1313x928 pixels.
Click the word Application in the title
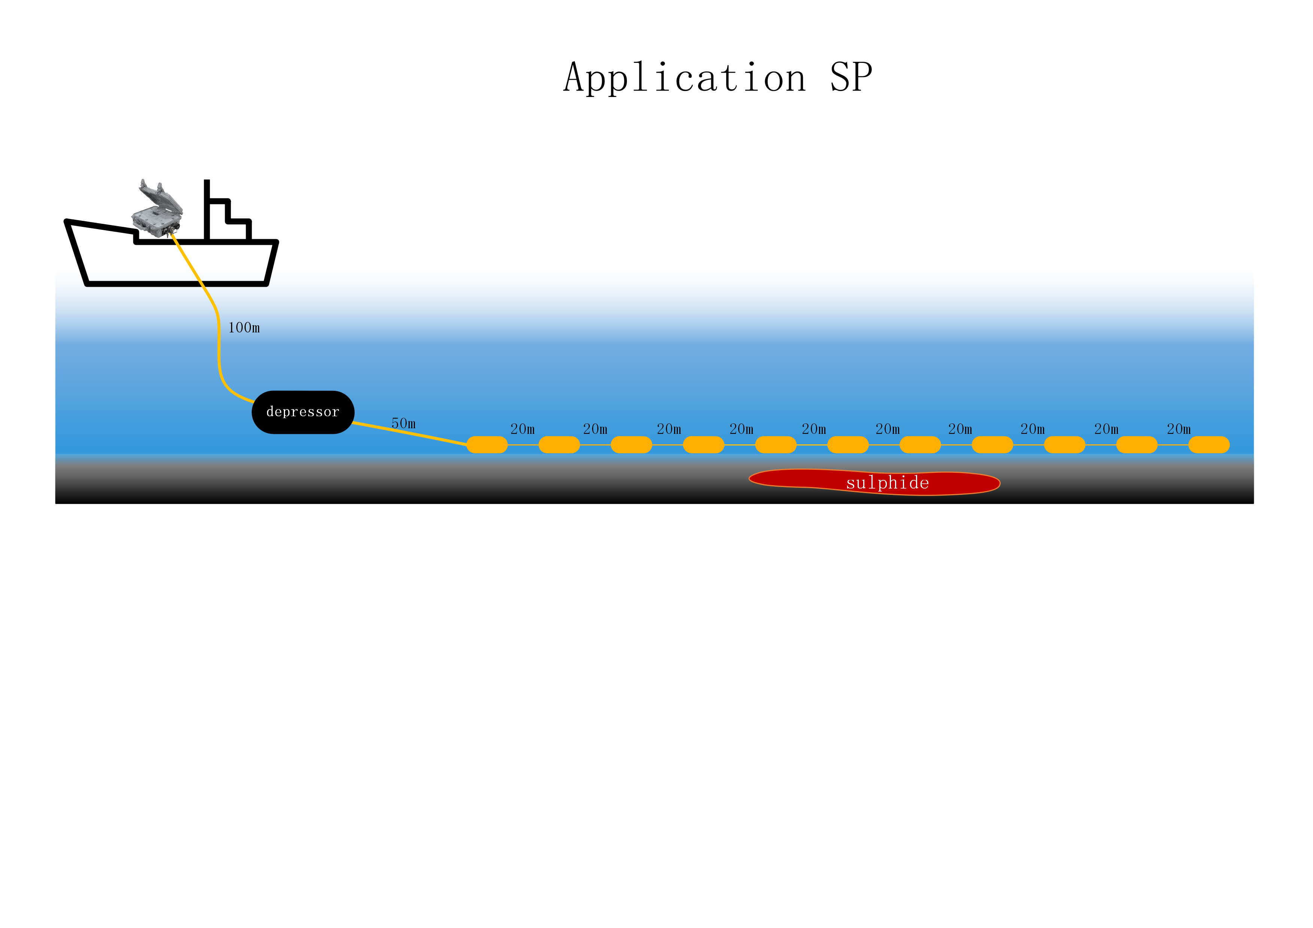tap(685, 78)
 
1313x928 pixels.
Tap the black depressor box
tap(303, 412)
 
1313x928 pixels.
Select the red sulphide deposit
tap(874, 482)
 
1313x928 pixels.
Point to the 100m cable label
tap(244, 328)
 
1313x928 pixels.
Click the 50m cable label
tap(404, 423)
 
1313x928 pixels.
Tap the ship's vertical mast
tap(207, 210)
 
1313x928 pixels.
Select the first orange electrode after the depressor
tap(487, 445)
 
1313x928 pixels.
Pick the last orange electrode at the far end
tap(1209, 445)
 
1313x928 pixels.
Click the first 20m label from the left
tap(523, 429)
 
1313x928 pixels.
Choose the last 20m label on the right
tap(1179, 429)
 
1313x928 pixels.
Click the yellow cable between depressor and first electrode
tap(410, 433)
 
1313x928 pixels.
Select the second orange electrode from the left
tap(559, 445)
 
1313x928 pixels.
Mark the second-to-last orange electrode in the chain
tap(1137, 445)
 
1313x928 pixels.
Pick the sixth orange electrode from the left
tap(848, 445)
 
